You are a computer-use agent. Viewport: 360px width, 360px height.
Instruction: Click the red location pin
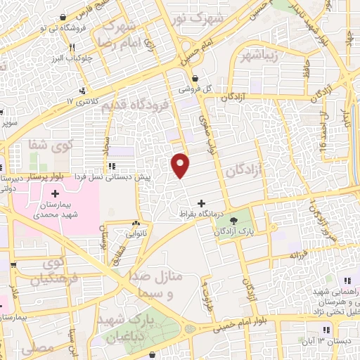181,165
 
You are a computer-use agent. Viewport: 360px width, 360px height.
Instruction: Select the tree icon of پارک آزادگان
233,220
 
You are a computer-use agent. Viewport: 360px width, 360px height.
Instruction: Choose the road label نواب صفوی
208,135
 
